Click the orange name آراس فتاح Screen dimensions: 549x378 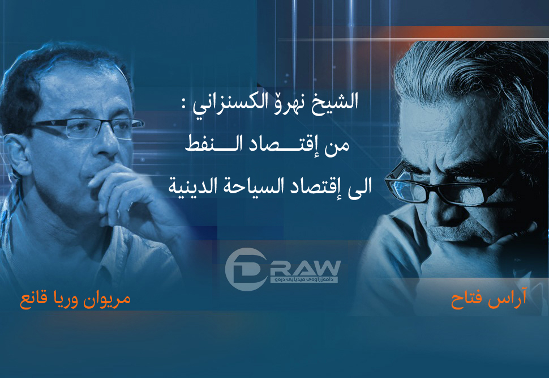[488, 299]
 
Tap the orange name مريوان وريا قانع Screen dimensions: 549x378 [75, 300]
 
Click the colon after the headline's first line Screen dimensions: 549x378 [183, 104]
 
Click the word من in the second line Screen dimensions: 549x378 [336, 146]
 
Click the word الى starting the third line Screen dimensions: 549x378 [358, 187]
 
